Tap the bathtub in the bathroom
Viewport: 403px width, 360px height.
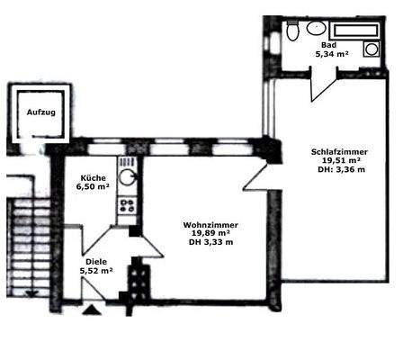point(354,30)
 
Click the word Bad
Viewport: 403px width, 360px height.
point(324,44)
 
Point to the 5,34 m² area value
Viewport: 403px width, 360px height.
point(330,54)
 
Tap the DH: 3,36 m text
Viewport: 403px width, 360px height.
point(337,171)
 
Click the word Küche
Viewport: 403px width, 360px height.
point(93,178)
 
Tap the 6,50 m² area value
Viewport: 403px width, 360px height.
point(94,187)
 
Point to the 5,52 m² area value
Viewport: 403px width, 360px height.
point(93,271)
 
